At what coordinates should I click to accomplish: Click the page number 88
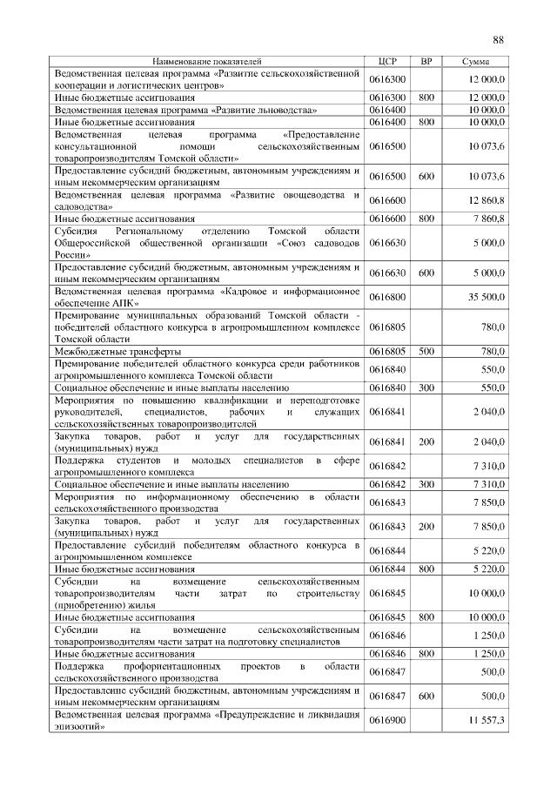(499, 39)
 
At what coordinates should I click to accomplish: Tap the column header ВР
(426, 62)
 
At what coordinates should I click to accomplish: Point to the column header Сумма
(475, 62)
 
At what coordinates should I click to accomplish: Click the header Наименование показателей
(206, 62)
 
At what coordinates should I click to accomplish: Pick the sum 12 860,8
(487, 201)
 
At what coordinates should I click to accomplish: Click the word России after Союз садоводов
(69, 255)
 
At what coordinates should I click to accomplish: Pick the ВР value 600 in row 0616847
(426, 697)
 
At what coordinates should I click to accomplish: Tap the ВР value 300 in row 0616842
(426, 483)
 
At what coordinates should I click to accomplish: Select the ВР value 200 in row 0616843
(426, 527)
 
